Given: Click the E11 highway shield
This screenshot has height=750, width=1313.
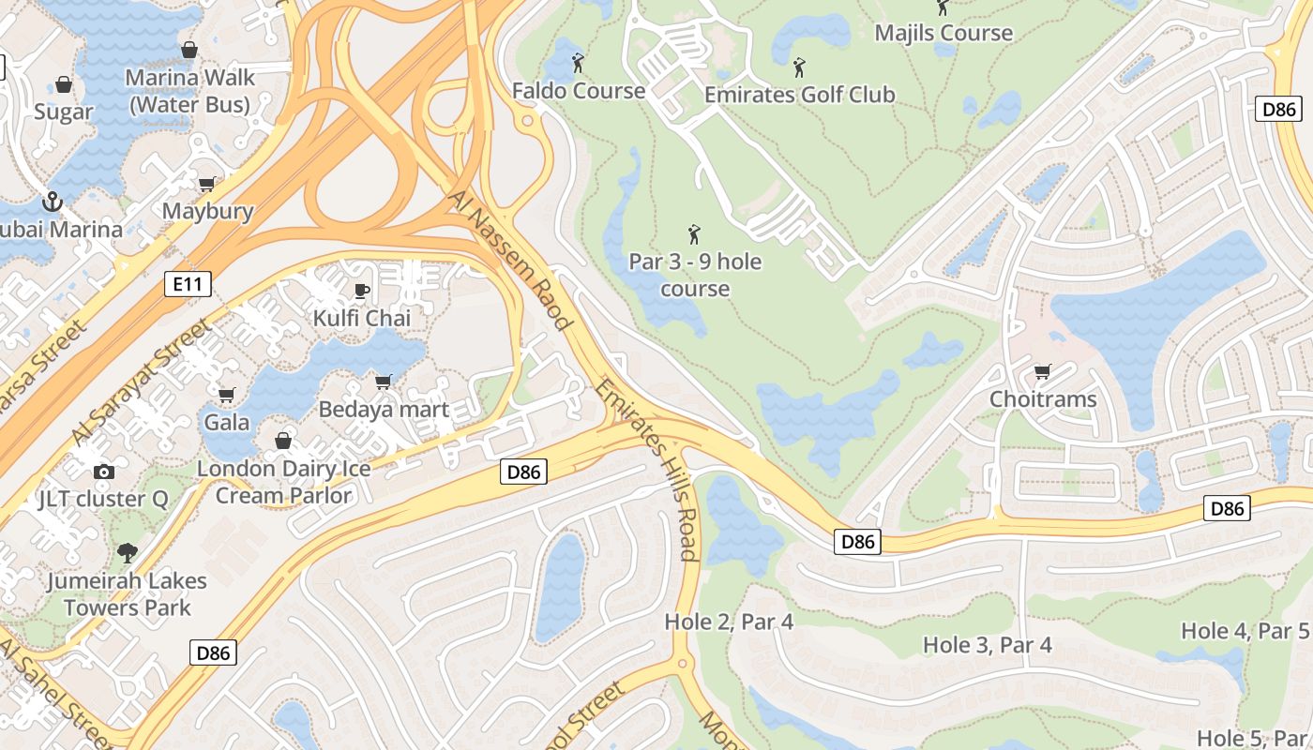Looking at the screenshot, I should [187, 284].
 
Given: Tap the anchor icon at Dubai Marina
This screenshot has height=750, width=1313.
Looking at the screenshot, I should [53, 202].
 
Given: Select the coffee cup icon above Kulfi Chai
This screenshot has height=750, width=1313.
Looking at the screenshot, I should [362, 291].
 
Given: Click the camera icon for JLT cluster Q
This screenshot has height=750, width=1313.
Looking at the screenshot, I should [104, 472].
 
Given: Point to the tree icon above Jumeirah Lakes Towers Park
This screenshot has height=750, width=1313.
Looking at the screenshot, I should [127, 553].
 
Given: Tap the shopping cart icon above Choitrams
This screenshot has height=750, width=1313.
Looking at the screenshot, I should [1042, 372].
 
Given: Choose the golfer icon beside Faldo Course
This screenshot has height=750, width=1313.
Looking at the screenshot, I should [578, 64].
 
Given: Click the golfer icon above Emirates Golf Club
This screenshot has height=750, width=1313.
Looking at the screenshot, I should [799, 67].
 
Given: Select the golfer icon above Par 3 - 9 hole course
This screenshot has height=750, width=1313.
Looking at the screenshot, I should [694, 234].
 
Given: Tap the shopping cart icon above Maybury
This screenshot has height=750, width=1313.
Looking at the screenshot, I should [207, 184].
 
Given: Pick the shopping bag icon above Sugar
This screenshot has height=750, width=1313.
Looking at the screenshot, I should [64, 84].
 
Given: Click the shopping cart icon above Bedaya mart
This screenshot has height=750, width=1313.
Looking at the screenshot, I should [383, 382].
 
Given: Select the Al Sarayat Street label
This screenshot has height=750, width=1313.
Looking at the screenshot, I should [141, 382].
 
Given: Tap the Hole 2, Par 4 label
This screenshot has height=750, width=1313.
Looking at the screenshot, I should [729, 622].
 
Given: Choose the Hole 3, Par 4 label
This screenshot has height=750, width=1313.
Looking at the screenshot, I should [987, 645].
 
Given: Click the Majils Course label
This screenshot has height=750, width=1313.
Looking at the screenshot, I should [943, 33].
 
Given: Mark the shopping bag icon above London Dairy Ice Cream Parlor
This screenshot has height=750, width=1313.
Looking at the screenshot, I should [283, 440].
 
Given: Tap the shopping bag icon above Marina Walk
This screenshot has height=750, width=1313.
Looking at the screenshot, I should [189, 50].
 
